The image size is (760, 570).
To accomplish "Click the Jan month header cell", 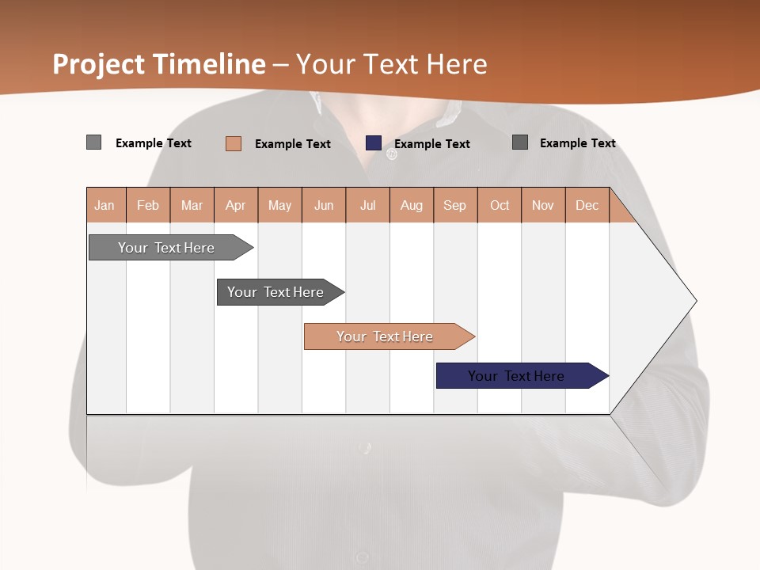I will click(x=105, y=205).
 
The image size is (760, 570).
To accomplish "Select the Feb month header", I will click(x=148, y=205).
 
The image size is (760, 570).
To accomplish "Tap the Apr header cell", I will click(x=236, y=205).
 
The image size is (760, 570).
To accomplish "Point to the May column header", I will click(x=279, y=205).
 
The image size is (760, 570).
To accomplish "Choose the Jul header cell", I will click(x=367, y=205).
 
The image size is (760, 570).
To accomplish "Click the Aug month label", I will click(x=412, y=205).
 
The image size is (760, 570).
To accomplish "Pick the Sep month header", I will click(x=455, y=205).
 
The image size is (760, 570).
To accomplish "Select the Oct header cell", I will click(x=500, y=205).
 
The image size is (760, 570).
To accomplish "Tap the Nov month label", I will click(x=543, y=205).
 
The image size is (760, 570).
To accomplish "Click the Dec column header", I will click(x=587, y=205).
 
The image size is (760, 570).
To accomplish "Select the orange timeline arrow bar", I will click(x=386, y=336).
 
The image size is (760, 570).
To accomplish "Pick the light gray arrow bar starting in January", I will click(x=167, y=248).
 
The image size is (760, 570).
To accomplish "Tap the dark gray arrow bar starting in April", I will click(x=276, y=292).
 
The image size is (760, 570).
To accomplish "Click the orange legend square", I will click(x=234, y=143).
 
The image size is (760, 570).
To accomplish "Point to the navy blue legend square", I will click(x=374, y=142).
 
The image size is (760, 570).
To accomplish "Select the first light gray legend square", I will click(x=94, y=142).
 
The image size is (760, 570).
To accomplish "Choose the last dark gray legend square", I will click(x=520, y=142).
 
